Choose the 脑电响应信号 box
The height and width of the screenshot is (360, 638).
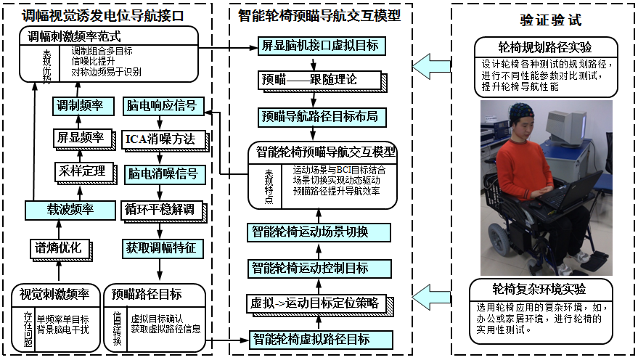pyautogui.click(x=160, y=106)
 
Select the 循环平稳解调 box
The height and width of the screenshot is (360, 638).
pyautogui.click(x=160, y=210)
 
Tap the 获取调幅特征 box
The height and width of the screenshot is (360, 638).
pyautogui.click(x=160, y=247)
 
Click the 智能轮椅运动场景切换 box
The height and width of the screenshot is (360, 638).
pyautogui.click(x=320, y=232)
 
